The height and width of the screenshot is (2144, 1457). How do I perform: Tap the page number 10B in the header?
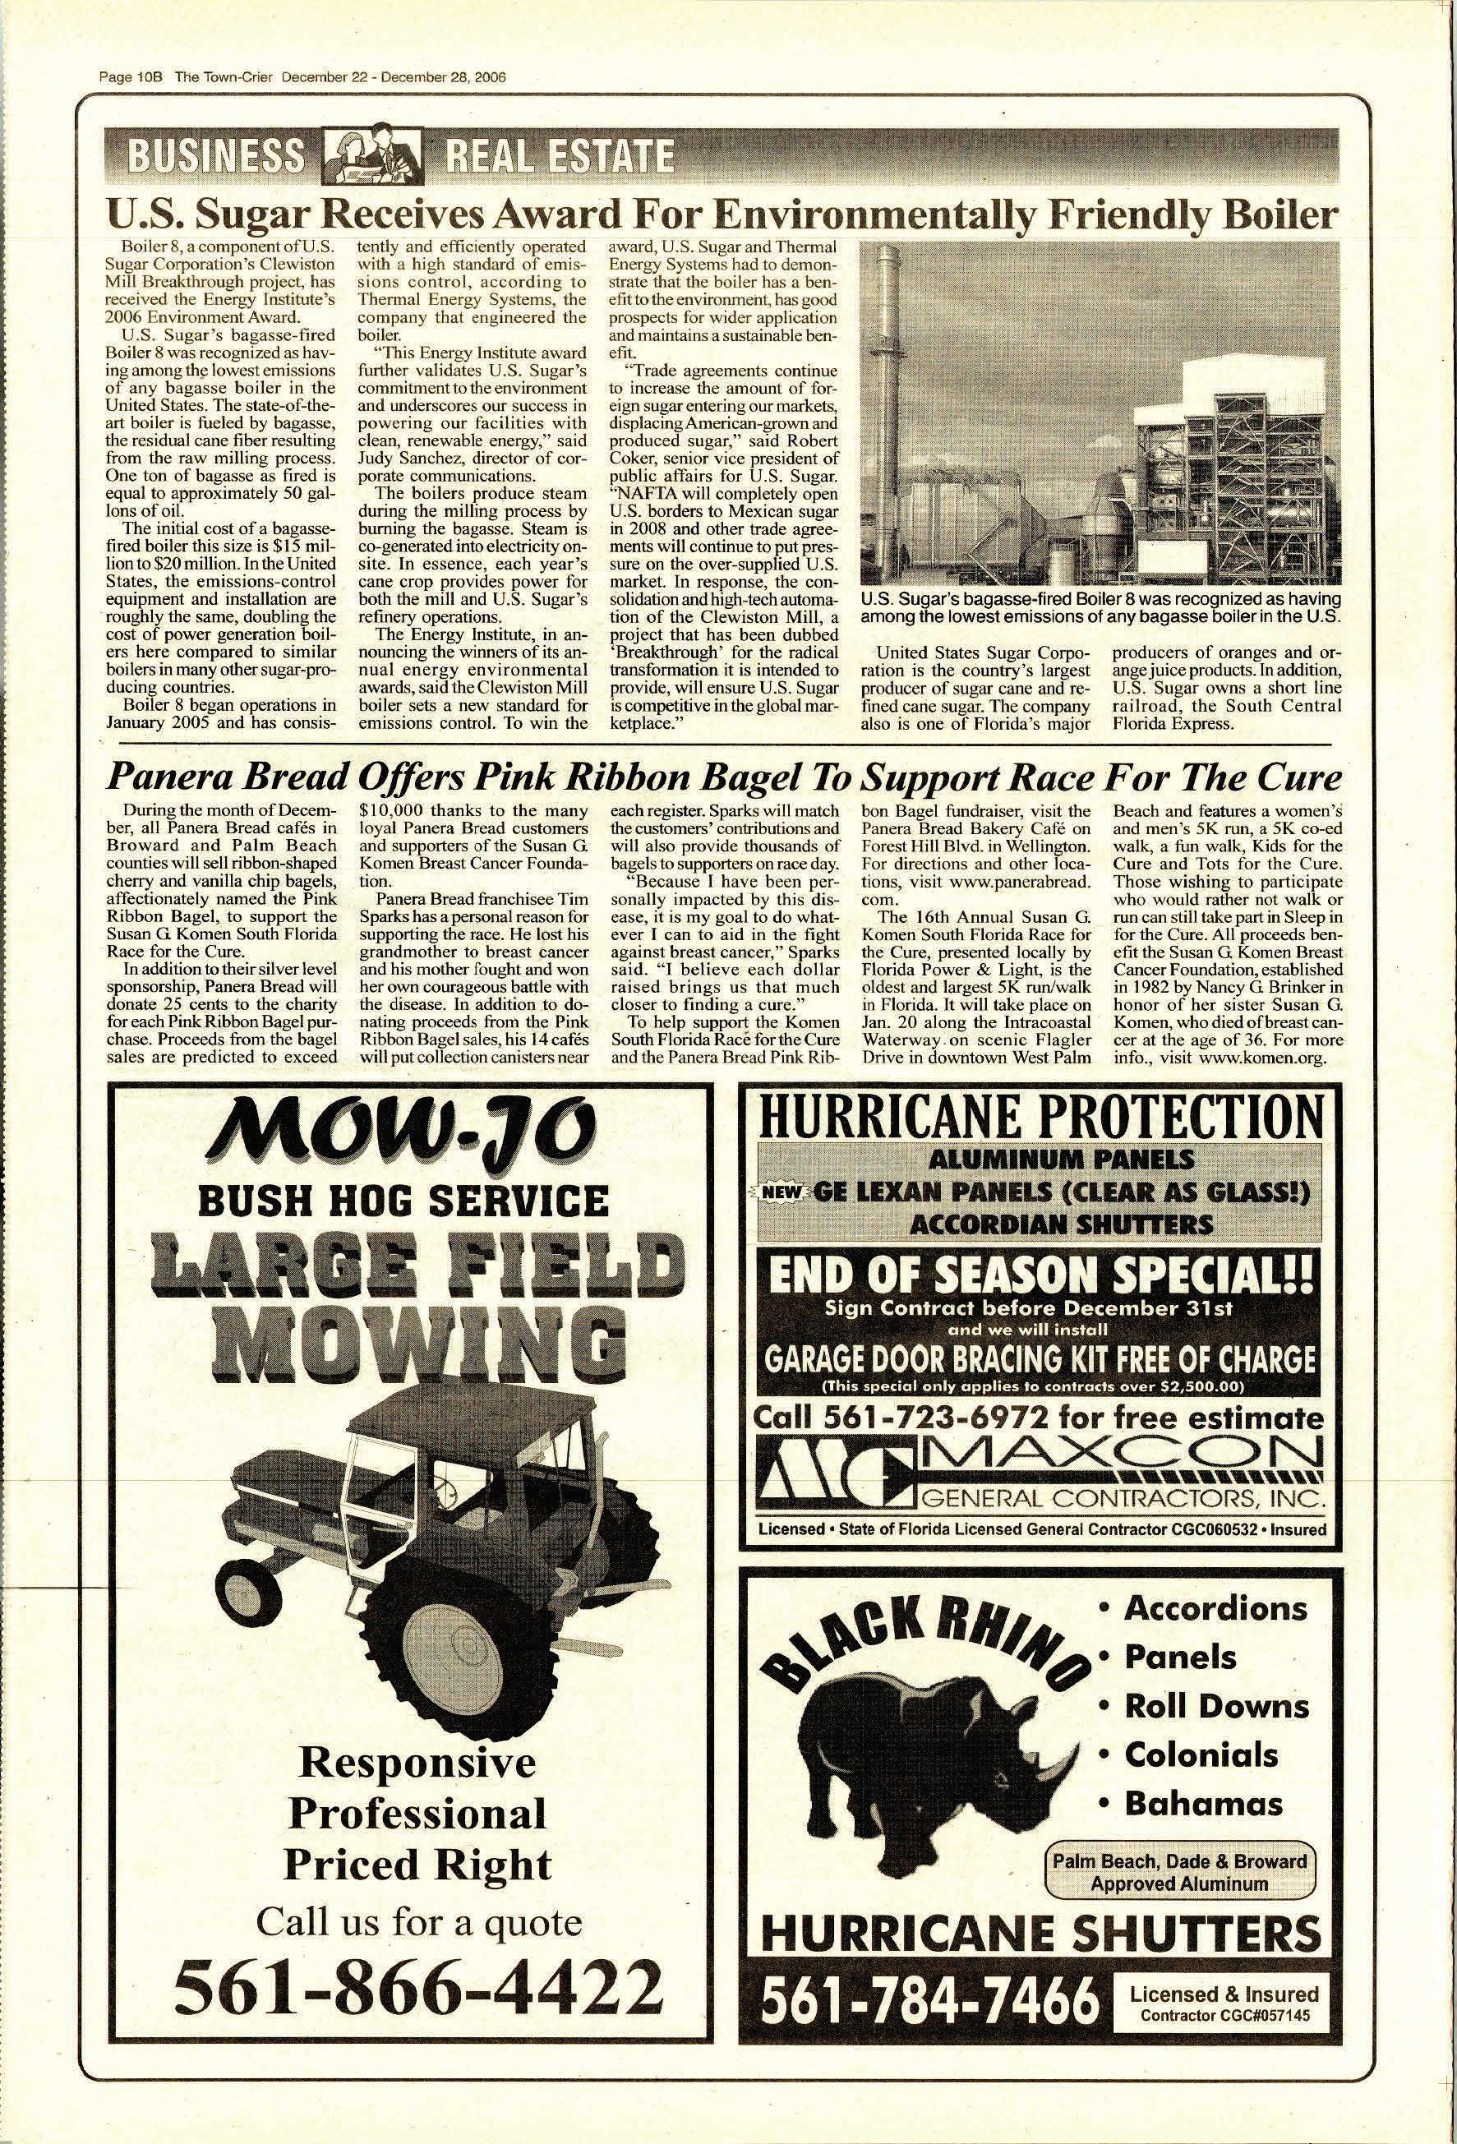tap(149, 76)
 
